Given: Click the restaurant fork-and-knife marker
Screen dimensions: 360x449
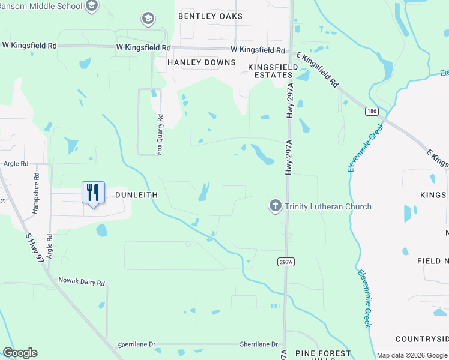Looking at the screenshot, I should [x=93, y=193].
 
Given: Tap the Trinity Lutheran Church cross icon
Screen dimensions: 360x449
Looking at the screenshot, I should [x=276, y=206].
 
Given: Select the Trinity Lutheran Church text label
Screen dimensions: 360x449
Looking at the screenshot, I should [x=328, y=207].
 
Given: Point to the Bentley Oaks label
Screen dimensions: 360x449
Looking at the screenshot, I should [x=210, y=16].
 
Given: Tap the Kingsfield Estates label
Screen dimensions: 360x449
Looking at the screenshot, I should [x=270, y=71].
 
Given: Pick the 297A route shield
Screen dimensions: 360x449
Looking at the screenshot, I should [x=286, y=262].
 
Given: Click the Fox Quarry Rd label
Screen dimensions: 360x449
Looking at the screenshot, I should [x=160, y=134].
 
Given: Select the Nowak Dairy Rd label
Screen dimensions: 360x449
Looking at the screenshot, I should [x=82, y=281].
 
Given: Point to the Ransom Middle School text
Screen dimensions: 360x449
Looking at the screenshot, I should [x=40, y=6].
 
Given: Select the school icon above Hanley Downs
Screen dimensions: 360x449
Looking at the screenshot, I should [x=148, y=20].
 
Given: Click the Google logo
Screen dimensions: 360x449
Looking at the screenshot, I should [x=20, y=353].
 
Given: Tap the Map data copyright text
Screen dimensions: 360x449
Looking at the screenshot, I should [x=412, y=355].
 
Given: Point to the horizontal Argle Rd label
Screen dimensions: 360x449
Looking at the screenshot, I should [x=16, y=163].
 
